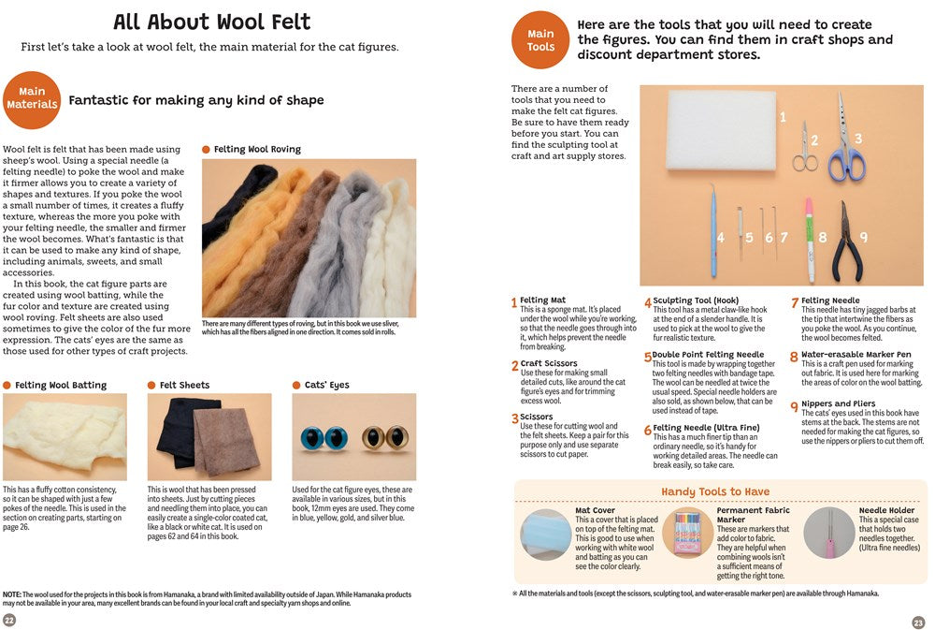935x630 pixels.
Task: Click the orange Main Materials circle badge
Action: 32,98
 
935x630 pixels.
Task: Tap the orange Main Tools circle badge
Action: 539,40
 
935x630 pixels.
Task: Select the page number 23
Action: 918,623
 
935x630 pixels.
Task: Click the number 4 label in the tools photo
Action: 721,238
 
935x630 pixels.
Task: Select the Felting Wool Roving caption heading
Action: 256,149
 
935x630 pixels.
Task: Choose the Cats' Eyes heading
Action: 326,385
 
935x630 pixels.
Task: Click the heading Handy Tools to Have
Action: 715,491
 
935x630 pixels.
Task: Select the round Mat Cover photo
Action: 545,534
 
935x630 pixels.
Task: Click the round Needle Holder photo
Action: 829,534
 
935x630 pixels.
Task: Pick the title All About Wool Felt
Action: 211,22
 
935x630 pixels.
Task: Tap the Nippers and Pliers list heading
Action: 838,403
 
